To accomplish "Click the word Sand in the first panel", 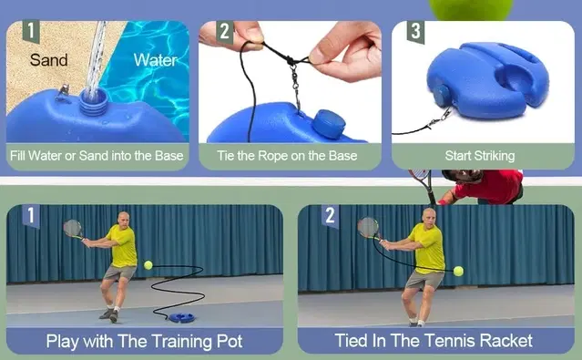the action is [48, 60].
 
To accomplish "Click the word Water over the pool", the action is [155, 60].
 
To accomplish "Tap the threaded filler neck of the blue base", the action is [93, 103].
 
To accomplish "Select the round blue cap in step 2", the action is [329, 124].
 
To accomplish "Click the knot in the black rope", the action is [289, 59].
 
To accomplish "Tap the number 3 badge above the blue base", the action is [415, 31].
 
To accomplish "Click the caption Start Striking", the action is [480, 156].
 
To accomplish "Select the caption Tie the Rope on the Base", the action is [287, 156].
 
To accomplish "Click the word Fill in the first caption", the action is [17, 155].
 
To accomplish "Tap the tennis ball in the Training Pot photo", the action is [148, 265].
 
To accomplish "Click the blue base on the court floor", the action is [182, 318].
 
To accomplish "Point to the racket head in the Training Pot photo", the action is [72, 228].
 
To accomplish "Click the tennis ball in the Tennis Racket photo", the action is [458, 272].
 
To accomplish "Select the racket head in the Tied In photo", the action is [367, 227].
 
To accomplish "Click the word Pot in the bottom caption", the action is [229, 341].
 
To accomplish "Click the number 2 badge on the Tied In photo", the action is [330, 216].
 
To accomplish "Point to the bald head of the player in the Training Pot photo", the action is [124, 218].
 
